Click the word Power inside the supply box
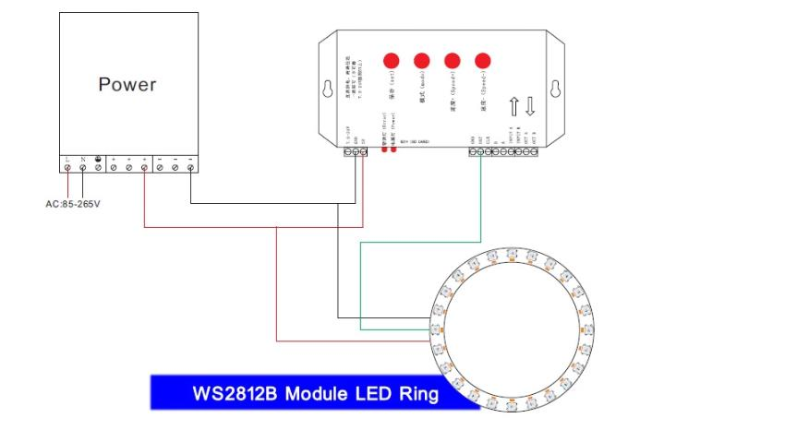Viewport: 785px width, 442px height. pos(127,85)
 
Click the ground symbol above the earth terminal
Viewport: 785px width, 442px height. pos(98,159)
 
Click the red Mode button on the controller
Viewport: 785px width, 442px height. pos(422,61)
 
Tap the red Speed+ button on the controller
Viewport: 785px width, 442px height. pos(452,61)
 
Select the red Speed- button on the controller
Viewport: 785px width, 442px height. pos(482,61)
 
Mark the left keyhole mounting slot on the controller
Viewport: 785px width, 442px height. pos(326,90)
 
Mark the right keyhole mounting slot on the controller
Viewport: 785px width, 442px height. pos(555,90)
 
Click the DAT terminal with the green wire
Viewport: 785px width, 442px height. pos(481,150)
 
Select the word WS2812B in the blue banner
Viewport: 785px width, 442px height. pos(235,394)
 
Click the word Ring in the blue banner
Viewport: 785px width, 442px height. pos(417,394)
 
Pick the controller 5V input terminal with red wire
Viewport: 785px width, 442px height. pos(363,150)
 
